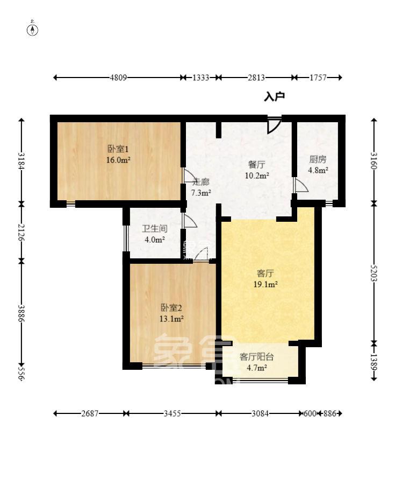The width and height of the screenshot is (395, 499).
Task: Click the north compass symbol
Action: tap(33, 29)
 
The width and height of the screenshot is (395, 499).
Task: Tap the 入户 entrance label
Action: tap(274, 97)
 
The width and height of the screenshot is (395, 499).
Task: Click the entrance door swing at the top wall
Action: tap(274, 125)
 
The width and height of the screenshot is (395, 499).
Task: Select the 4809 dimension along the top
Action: tap(118, 78)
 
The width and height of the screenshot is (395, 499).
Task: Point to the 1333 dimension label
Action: tap(200, 78)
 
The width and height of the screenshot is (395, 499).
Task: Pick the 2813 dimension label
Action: tap(256, 78)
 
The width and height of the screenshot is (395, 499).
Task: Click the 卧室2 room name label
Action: tap(171, 308)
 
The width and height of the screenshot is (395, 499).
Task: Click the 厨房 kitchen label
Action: tap(318, 159)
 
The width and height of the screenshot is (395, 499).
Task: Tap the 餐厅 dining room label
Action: tap(256, 164)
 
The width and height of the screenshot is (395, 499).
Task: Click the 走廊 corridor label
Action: tap(201, 181)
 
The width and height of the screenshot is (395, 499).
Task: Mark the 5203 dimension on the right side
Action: tap(374, 275)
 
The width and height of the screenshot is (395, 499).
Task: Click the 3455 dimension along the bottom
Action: tap(172, 413)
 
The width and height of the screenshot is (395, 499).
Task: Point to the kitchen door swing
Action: tap(300, 185)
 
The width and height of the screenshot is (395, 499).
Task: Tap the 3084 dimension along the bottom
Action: tap(260, 413)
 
